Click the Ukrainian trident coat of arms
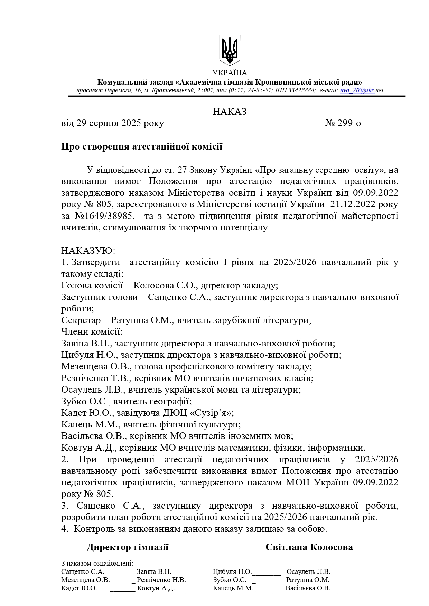coord(230,50)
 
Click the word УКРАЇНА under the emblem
coord(230,73)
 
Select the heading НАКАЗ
coord(230,112)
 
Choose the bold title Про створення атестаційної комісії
coord(142,146)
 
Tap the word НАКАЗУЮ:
coord(88,251)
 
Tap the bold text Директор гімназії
coord(128,547)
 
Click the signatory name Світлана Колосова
coord(309,547)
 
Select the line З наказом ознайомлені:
coord(97,563)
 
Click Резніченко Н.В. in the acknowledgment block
coord(161,580)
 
